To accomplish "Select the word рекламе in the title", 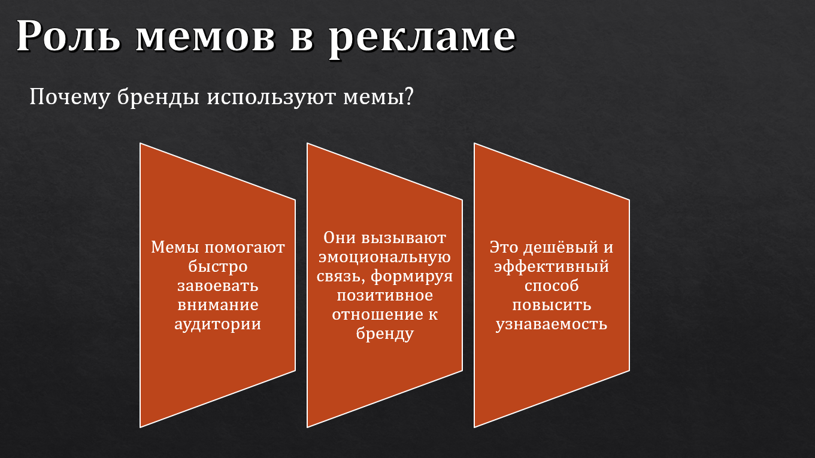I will (422, 37).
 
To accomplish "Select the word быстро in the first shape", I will (217, 266).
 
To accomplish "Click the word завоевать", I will (217, 286).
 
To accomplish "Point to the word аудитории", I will (217, 324).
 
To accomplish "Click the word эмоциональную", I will (384, 257).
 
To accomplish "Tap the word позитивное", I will (384, 295).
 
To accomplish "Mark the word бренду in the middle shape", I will (384, 333).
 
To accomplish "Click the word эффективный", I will (552, 266).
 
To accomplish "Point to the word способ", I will (552, 286).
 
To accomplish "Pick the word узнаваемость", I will (552, 324).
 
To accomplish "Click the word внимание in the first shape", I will (217, 305).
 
